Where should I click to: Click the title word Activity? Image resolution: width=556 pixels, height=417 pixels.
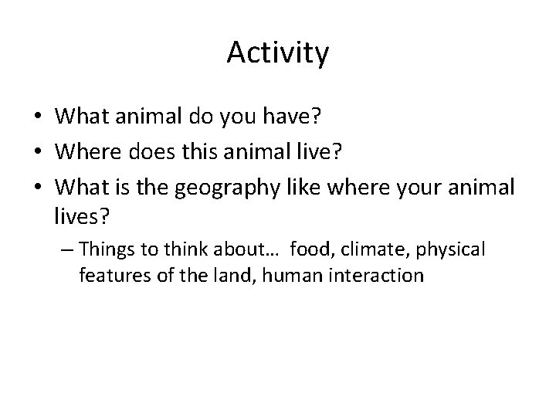coord(278,54)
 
